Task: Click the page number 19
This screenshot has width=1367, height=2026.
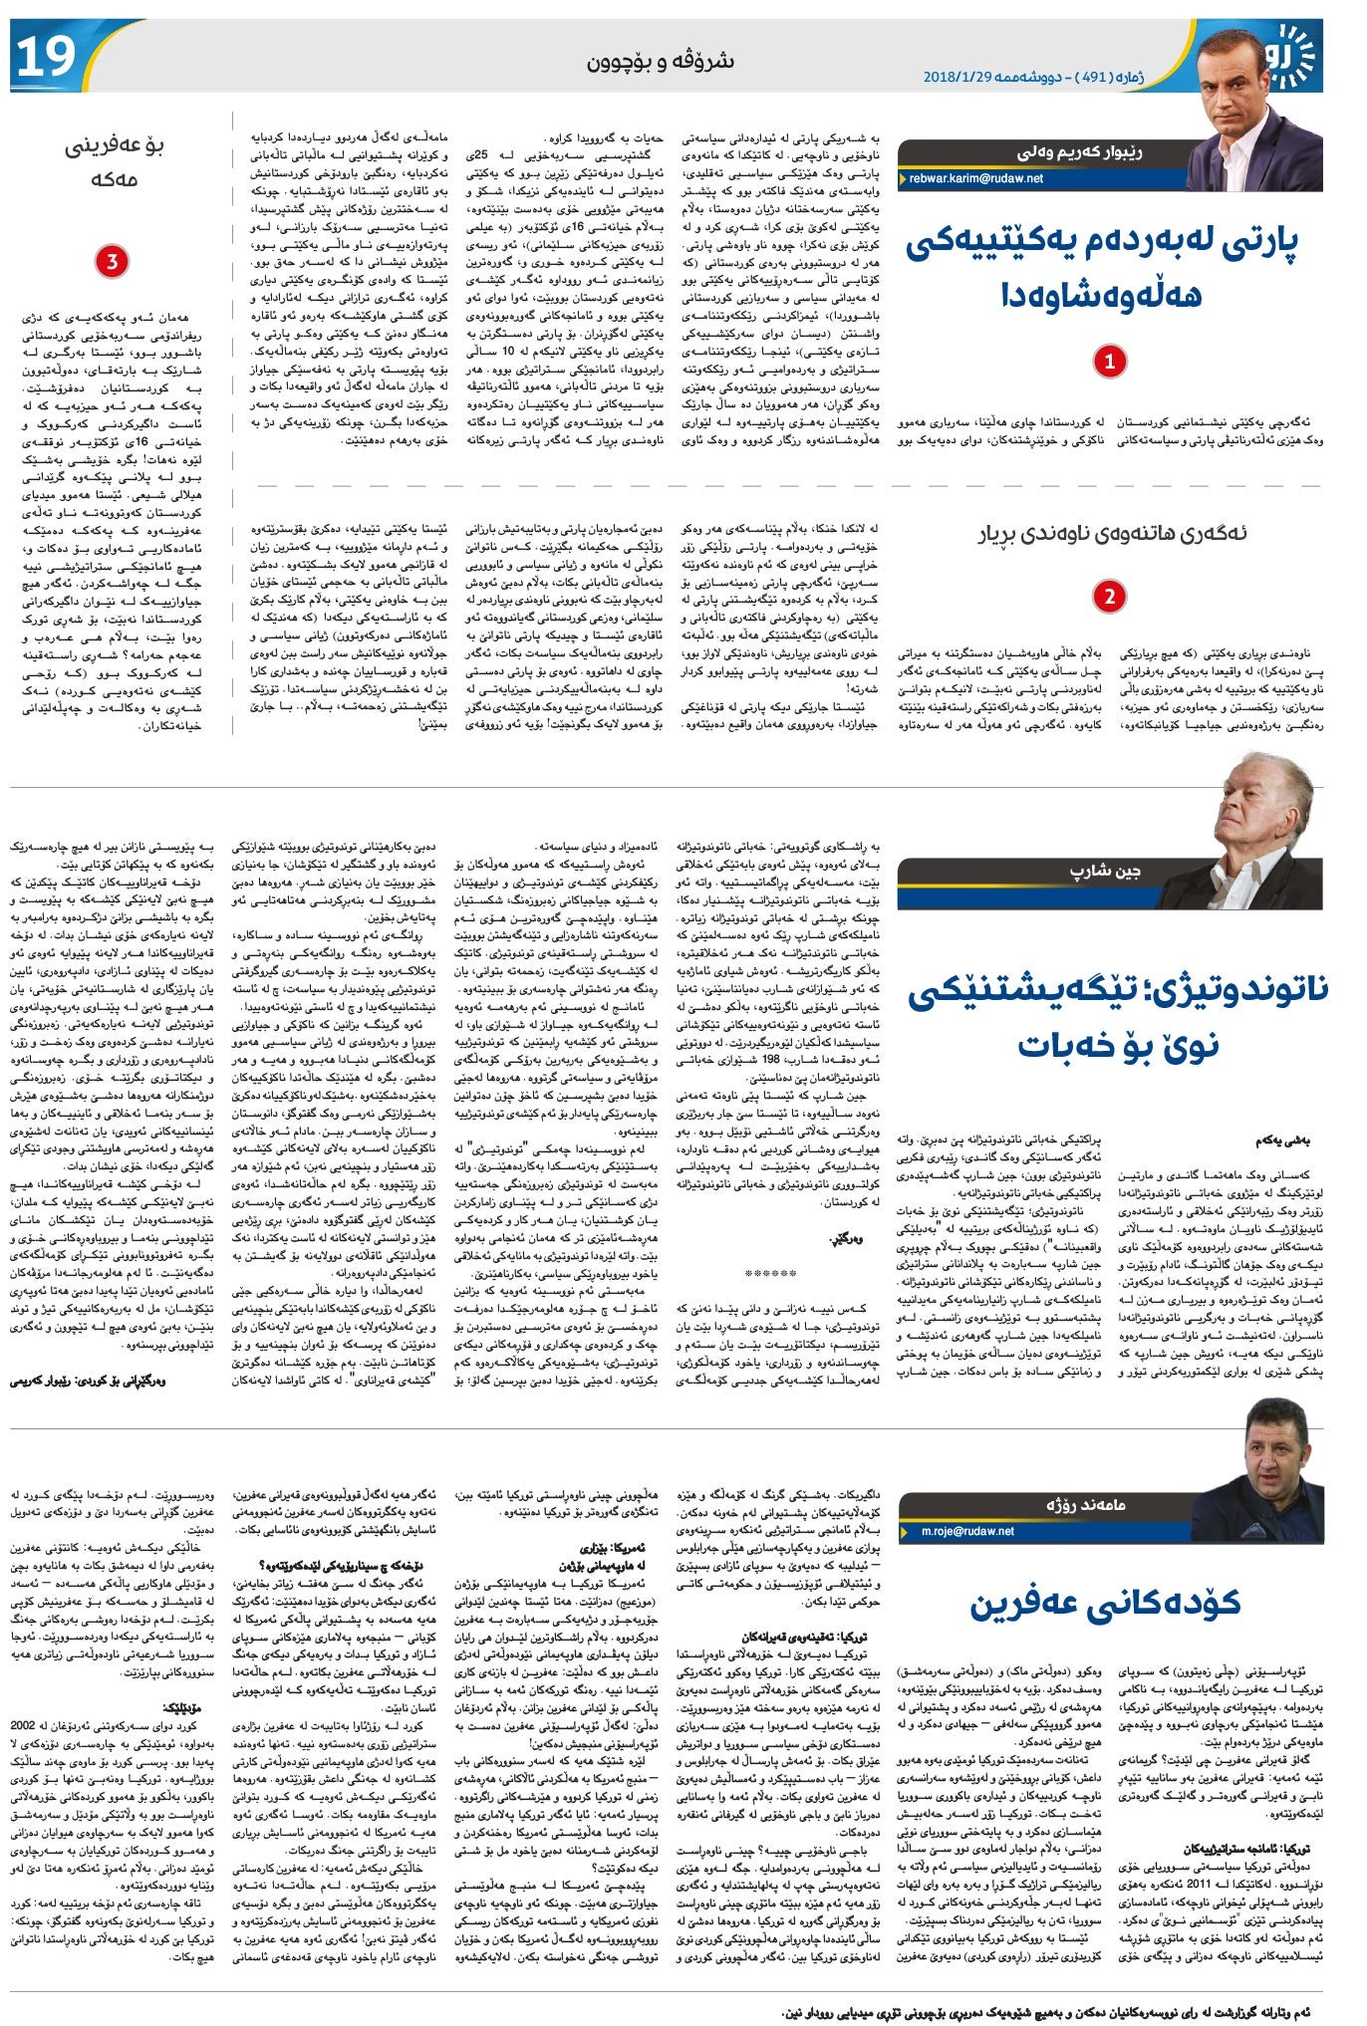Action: pos(44,57)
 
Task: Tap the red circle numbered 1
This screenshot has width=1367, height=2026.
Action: pos(1109,362)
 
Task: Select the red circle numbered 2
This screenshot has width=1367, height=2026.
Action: pos(1108,598)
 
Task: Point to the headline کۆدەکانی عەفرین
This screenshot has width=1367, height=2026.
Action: pos(1106,1602)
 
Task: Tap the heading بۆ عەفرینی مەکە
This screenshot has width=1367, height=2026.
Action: pos(114,162)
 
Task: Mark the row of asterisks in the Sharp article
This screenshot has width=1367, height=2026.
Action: pos(771,1274)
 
